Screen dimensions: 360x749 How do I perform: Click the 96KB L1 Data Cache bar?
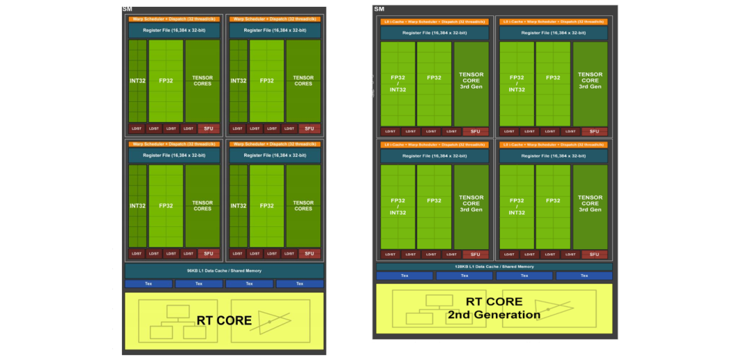click(x=224, y=271)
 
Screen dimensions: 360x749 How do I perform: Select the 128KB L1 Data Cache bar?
click(x=494, y=266)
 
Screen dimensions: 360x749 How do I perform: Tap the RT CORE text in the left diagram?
click(x=224, y=320)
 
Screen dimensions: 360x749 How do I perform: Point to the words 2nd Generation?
click(x=494, y=315)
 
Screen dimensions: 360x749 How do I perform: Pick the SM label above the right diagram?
click(x=379, y=8)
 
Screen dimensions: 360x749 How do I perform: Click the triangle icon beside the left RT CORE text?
click(x=274, y=320)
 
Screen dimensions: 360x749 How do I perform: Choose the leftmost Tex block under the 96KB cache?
click(x=148, y=284)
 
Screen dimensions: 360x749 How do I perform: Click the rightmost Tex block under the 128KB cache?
click(x=584, y=276)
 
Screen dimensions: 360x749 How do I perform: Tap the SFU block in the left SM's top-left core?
click(x=208, y=128)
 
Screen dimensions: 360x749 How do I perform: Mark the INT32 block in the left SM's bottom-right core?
click(x=239, y=206)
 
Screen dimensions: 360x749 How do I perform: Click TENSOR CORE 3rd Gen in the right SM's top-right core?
click(x=590, y=80)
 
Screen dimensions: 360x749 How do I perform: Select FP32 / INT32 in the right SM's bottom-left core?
click(x=397, y=206)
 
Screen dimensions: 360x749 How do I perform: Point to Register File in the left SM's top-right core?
click(x=275, y=31)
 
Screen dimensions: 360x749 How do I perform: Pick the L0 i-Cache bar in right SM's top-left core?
click(x=434, y=22)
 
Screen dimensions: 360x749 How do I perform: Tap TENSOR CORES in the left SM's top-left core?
click(x=203, y=80)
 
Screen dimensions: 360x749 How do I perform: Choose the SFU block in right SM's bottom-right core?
click(x=594, y=255)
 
